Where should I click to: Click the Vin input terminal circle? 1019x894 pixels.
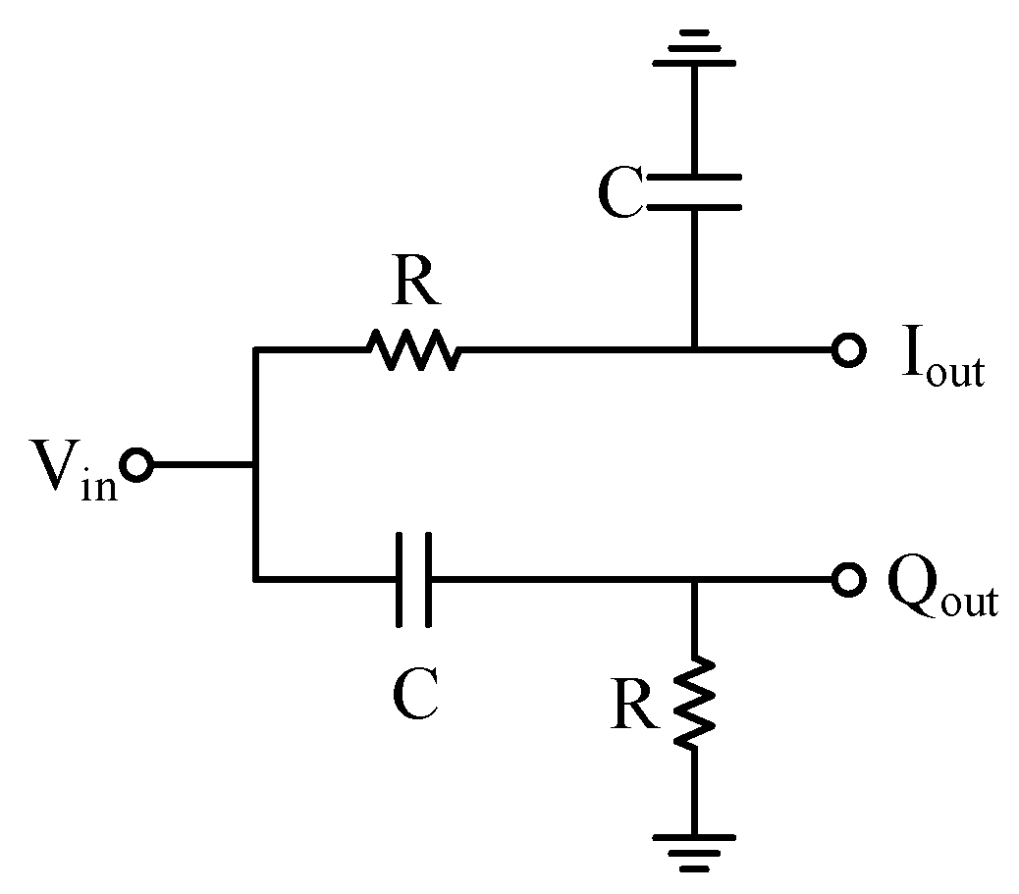point(136,464)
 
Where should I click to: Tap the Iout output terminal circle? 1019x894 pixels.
point(847,349)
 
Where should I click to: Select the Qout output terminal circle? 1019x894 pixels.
point(847,580)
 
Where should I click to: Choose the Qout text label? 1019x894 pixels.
point(941,593)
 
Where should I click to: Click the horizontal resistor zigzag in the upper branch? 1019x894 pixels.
point(411,349)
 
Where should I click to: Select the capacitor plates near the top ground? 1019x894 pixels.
point(695,192)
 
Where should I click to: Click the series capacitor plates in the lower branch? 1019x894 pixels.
point(413,580)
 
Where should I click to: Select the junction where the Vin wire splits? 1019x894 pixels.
point(255,464)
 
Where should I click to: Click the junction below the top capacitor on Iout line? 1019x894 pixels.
point(695,349)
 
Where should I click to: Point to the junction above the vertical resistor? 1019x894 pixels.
point(695,580)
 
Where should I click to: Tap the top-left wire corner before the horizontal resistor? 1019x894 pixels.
point(255,349)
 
